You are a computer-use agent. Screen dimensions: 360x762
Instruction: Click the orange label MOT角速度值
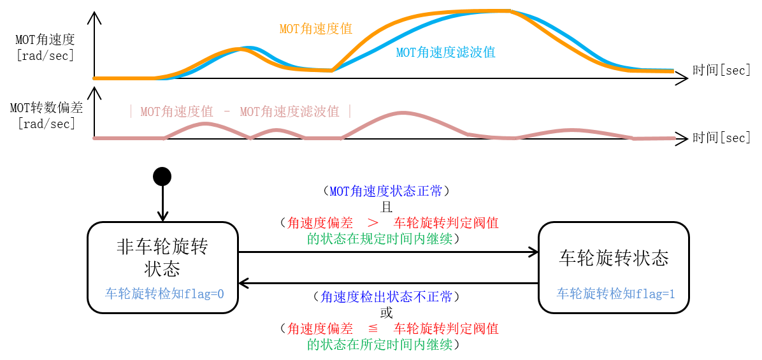pos(315,29)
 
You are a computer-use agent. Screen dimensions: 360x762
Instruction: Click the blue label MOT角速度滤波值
pos(445,53)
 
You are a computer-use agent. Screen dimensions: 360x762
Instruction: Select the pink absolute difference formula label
pos(240,112)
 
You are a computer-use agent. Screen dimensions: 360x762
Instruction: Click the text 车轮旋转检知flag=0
pos(164,294)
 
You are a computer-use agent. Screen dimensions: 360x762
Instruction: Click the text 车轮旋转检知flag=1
pos(615,294)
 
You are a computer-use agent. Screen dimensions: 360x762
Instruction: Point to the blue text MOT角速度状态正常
pos(385,191)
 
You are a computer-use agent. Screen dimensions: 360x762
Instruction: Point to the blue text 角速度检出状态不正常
pos(386,297)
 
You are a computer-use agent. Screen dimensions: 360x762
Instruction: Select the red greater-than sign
pos(373,223)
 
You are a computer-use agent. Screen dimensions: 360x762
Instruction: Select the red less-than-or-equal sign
pos(373,329)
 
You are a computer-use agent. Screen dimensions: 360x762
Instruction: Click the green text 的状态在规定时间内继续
pos(380,239)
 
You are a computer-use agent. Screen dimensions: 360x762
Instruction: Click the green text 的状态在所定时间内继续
pos(380,345)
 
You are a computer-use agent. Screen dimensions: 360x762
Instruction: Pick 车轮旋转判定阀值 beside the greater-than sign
pos(445,223)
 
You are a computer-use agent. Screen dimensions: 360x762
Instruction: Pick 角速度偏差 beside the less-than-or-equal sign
pos(320,329)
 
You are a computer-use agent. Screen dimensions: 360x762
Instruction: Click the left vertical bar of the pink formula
pos(131,112)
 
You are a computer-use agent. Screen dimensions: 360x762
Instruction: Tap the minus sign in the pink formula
pos(227,112)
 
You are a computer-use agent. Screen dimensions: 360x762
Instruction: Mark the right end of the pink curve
pos(674,138)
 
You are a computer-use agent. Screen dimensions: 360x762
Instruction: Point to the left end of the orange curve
pos(94,78)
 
